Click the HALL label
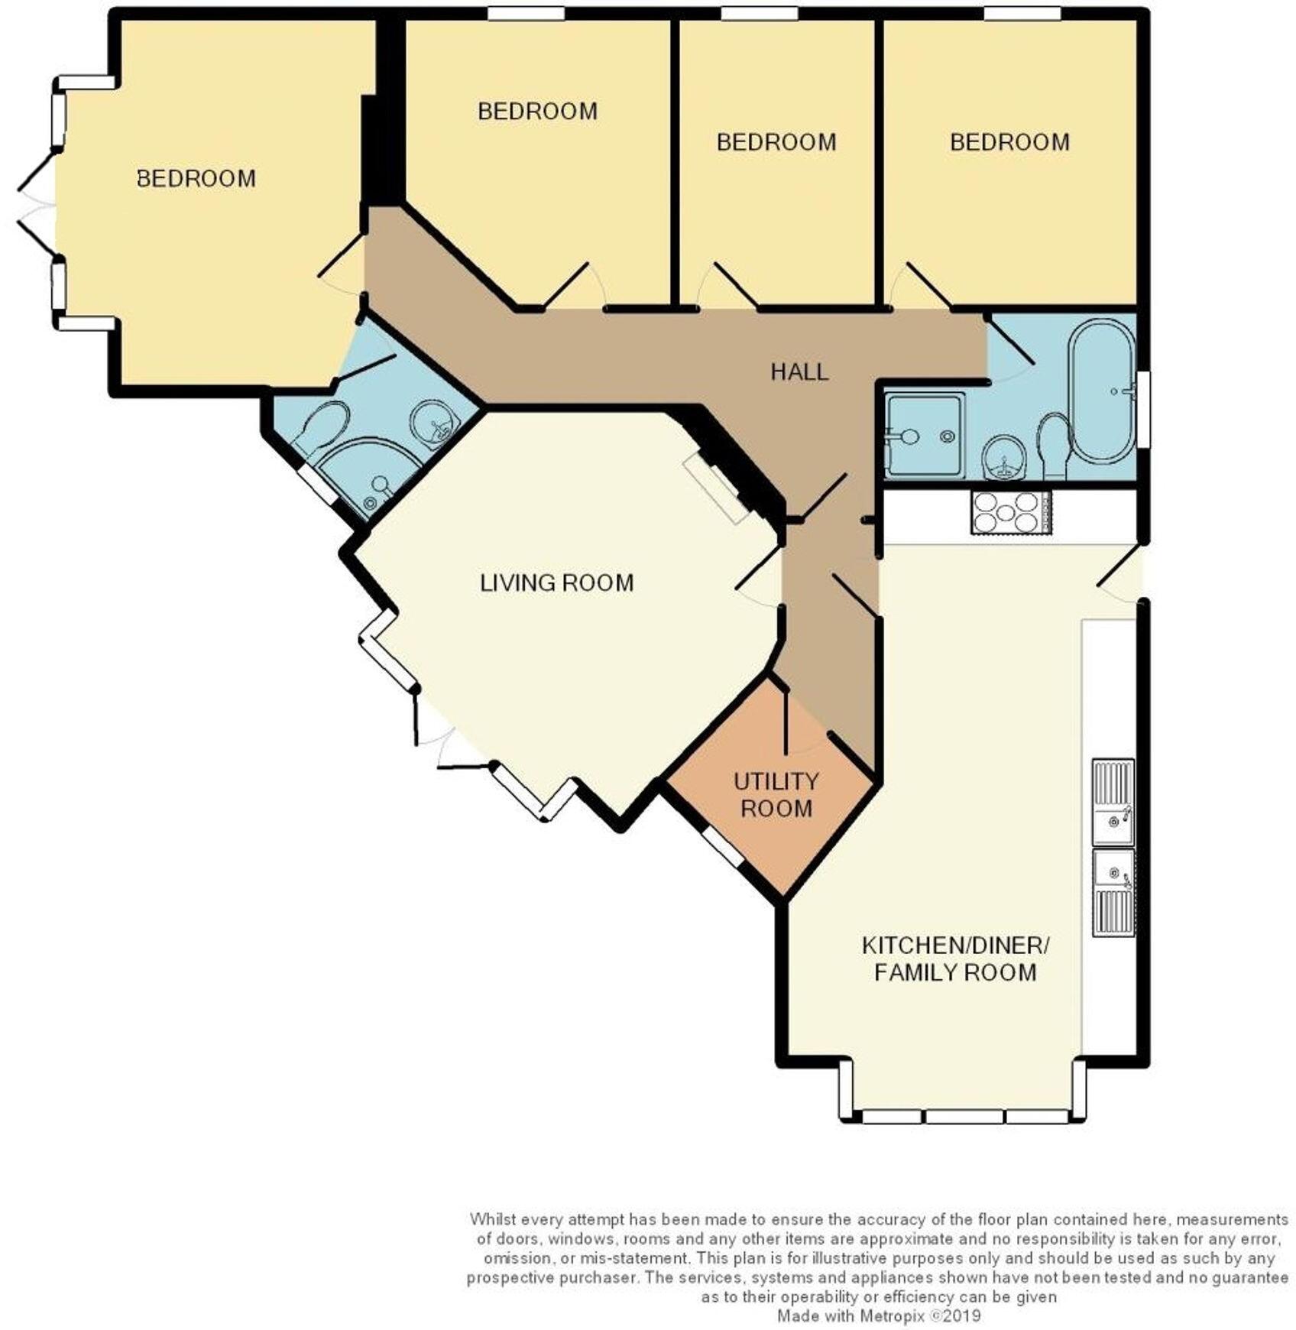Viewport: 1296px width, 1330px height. (799, 372)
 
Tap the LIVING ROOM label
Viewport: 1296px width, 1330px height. (556, 583)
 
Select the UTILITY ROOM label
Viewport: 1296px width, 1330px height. (776, 795)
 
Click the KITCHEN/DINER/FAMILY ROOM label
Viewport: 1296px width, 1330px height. (955, 959)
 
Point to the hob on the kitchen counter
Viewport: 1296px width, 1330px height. (1010, 511)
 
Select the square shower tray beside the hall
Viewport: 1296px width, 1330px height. (923, 435)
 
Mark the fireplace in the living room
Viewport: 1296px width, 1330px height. (716, 488)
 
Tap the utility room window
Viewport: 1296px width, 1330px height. (722, 848)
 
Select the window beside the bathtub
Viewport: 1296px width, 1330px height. (1143, 409)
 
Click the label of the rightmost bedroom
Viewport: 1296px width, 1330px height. (1009, 142)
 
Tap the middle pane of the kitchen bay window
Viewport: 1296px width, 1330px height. (964, 1116)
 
